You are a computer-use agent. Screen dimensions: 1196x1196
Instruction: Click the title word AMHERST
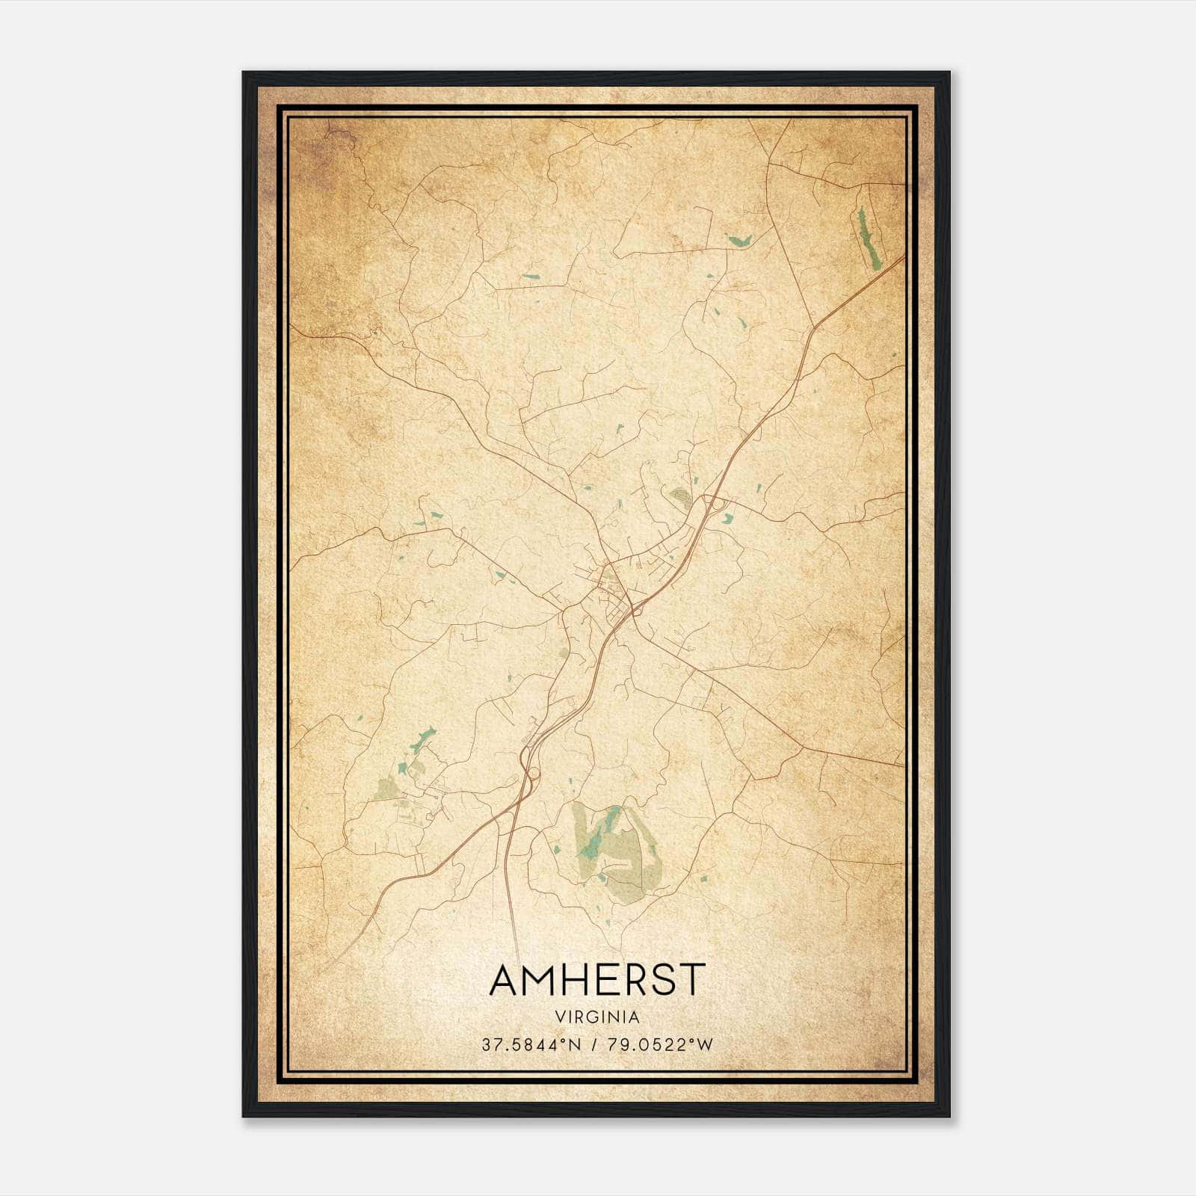[x=597, y=980]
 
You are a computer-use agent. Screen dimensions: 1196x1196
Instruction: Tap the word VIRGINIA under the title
[x=597, y=1017]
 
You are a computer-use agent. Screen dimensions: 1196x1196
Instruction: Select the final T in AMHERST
[x=692, y=980]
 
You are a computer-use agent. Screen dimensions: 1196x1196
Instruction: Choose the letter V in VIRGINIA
[x=560, y=1017]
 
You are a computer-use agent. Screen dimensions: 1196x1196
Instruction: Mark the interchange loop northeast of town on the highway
[x=719, y=505]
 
